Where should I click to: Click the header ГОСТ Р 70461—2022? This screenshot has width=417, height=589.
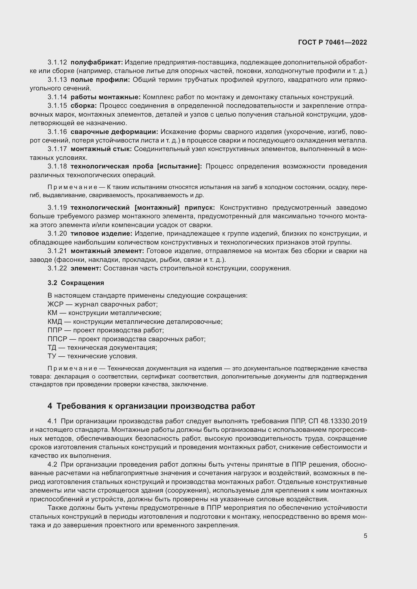[332, 43]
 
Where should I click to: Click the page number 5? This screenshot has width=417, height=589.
[365, 536]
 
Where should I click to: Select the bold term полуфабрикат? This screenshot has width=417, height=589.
[97, 62]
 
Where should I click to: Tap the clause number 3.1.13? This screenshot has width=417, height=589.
[57, 80]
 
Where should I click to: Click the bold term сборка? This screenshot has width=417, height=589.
[84, 106]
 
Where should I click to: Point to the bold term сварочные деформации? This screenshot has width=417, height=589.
[114, 132]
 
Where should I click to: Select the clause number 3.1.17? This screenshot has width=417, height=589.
[57, 149]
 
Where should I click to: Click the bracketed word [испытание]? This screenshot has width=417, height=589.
[179, 166]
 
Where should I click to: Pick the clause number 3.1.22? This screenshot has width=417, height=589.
[57, 268]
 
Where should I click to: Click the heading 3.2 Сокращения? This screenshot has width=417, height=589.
[76, 283]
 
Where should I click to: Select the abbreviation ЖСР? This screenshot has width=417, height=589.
[55, 304]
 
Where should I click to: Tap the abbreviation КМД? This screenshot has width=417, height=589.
[55, 322]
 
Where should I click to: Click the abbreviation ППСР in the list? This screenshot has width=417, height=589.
[57, 339]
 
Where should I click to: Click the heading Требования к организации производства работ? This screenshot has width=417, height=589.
[156, 406]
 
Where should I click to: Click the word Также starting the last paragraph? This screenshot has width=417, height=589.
[57, 508]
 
